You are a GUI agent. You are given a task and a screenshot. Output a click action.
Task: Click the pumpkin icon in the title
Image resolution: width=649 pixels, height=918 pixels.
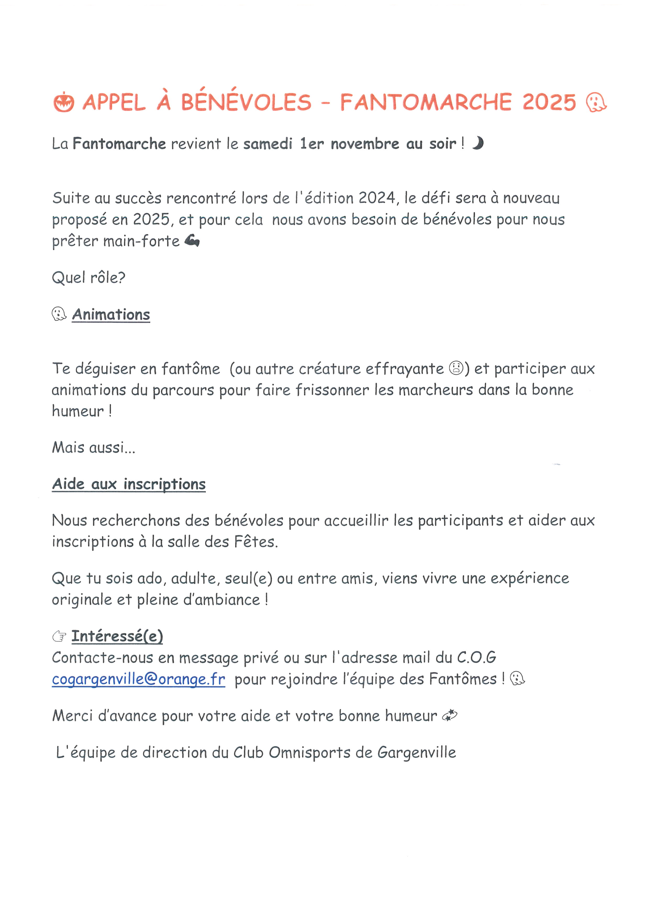click(64, 102)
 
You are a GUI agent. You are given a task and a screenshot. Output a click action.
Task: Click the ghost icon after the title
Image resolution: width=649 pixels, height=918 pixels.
click(596, 102)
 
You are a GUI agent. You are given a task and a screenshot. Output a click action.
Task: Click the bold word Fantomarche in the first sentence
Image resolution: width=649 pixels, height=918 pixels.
click(119, 143)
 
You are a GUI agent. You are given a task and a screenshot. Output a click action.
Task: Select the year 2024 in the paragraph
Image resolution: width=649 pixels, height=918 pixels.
click(377, 198)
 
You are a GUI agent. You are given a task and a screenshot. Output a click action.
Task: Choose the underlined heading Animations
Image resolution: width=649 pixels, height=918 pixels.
click(111, 315)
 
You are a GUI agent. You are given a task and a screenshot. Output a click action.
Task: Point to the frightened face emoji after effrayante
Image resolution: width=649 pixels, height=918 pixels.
click(456, 368)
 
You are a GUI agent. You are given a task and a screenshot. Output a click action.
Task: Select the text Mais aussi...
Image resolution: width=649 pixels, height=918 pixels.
click(93, 447)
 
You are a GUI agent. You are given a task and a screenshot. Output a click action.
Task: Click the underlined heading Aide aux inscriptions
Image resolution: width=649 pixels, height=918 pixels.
click(129, 484)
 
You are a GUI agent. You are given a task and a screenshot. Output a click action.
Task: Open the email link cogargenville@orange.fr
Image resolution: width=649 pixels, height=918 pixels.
click(138, 679)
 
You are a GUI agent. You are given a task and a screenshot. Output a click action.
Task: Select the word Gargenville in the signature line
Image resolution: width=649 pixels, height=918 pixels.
click(416, 753)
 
